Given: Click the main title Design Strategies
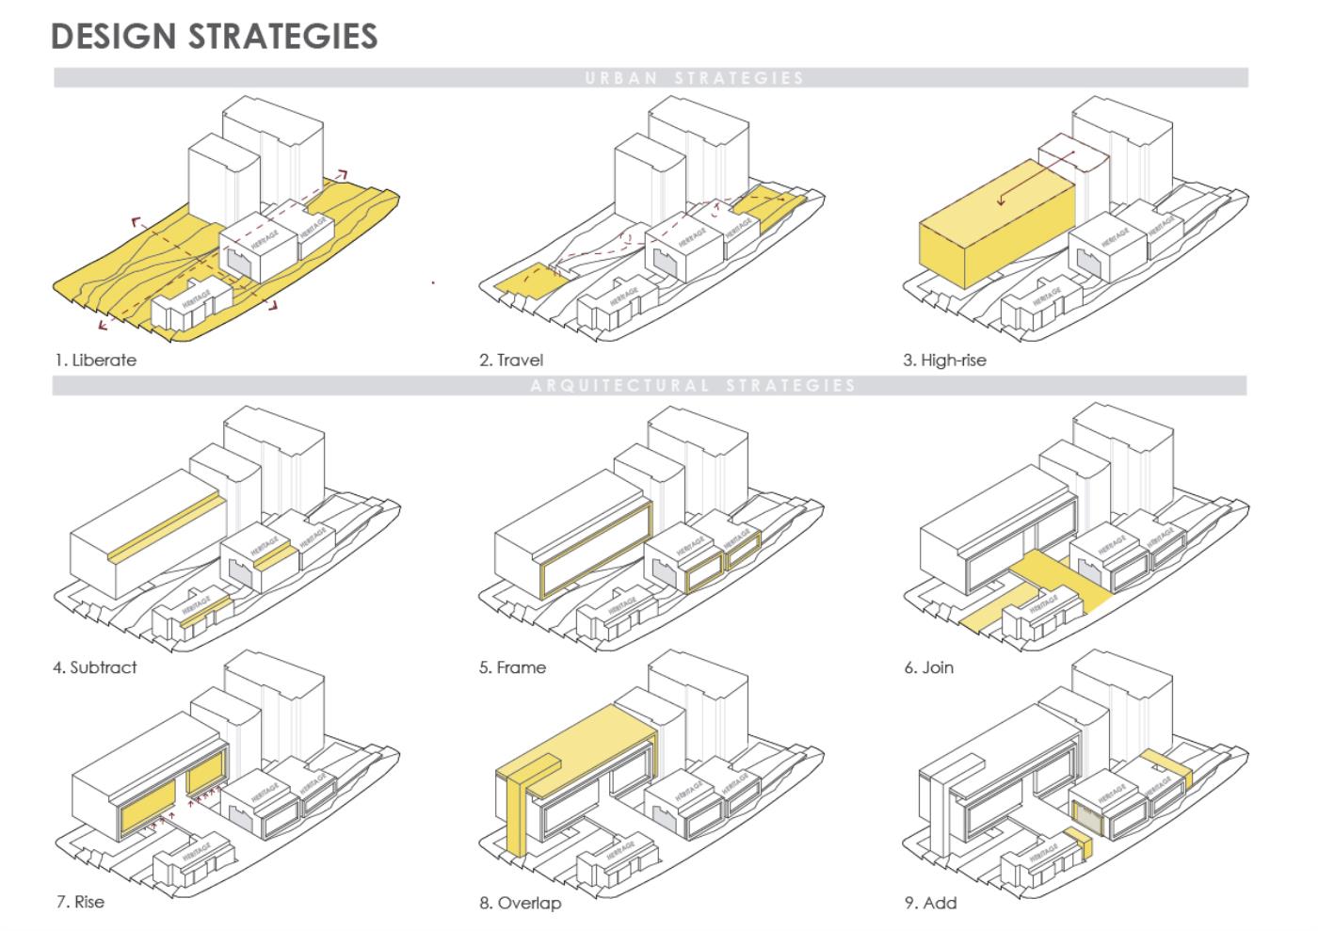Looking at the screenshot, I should point(214,36).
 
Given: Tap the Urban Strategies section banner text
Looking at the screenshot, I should point(694,78).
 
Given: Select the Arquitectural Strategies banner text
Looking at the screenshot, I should point(694,385).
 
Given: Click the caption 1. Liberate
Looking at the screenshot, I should point(95,360).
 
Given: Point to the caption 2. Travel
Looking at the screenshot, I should point(511,360).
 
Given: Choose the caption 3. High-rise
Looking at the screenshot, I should point(945,360).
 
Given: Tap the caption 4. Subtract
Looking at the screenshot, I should point(95,667).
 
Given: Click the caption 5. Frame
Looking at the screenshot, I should point(512,667).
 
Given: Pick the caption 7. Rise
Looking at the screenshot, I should point(80,902).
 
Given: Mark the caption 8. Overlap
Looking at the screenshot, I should point(520,903).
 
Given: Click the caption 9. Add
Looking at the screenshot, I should point(930,903).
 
